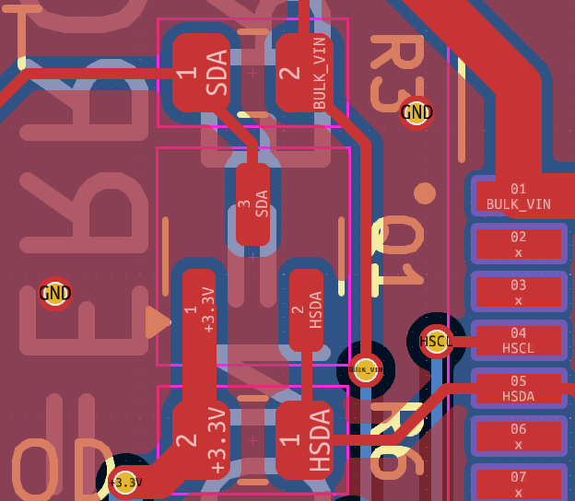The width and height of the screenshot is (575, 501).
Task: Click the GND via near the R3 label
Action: (417, 113)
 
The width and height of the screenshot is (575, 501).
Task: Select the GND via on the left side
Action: (55, 294)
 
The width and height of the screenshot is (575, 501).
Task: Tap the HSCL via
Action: (436, 342)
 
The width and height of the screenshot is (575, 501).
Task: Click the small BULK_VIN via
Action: (366, 369)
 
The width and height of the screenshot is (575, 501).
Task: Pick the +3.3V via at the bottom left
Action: (125, 482)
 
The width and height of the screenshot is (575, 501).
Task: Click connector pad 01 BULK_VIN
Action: (519, 196)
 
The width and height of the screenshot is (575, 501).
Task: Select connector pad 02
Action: (519, 244)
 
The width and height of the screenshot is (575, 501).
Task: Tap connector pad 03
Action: (519, 292)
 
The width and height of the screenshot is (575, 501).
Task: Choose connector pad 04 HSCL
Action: (519, 340)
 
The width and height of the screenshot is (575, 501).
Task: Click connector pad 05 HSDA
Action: (519, 388)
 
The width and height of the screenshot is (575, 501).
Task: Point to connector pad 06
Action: (519, 436)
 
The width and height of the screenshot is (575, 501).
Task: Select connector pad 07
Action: (519, 481)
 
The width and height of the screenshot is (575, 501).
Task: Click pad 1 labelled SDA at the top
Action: (201, 73)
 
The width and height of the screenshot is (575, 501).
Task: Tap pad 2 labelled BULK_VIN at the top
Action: (304, 73)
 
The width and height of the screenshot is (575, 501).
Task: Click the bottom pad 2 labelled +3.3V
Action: (201, 440)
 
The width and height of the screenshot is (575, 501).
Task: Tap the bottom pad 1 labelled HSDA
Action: (304, 440)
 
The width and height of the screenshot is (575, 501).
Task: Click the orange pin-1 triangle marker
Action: (158, 322)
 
